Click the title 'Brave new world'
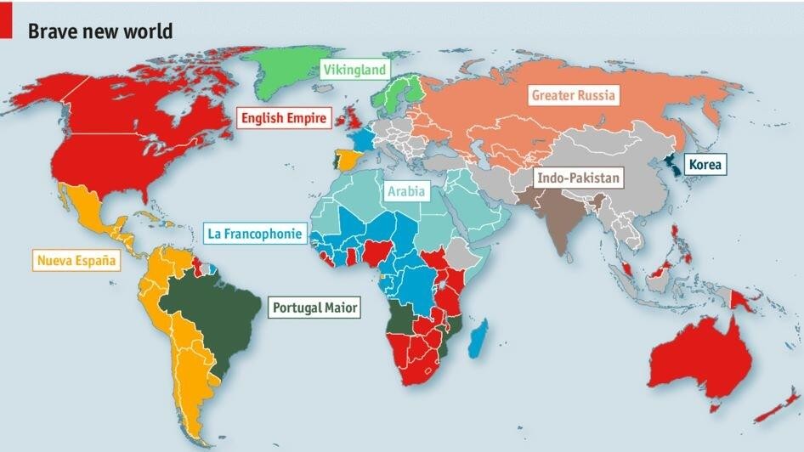point(100,31)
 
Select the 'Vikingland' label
point(354,70)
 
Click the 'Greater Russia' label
point(573,94)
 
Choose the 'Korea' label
point(705,164)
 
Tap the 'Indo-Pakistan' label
point(578,178)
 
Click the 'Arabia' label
point(405,191)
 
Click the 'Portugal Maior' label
point(314,308)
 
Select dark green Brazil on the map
point(212,314)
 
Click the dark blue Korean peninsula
point(671,167)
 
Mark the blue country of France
point(363,139)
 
